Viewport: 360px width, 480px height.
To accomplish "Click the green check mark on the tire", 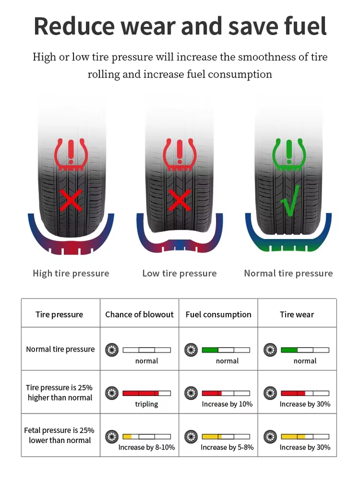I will point(289,200).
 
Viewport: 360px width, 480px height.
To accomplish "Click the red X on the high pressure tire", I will point(71,200).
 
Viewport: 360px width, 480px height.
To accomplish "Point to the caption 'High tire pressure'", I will point(71,273).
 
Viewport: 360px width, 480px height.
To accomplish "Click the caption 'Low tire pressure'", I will point(179,273).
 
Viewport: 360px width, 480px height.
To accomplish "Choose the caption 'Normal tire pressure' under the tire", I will point(288,273).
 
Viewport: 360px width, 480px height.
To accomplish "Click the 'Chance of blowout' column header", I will point(139,314).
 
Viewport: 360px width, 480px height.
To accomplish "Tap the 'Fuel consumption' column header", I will point(218,314).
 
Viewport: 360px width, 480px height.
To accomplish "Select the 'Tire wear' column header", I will point(297,314).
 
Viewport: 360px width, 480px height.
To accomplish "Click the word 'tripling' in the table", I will point(146,404).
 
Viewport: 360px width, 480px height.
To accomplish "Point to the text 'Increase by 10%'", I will point(227,404).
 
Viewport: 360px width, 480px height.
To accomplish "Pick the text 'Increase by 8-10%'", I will point(146,447).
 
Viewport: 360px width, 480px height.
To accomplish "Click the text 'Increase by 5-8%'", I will point(227,447).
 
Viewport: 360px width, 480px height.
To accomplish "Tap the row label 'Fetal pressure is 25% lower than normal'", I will point(59,435).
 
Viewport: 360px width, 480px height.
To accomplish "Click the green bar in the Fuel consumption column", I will point(210,350).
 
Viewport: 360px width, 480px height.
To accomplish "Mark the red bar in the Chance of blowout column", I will point(140,393).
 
